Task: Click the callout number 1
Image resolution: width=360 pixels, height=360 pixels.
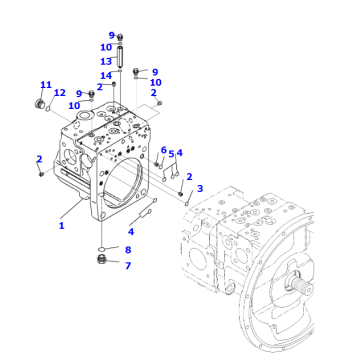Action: click(62, 226)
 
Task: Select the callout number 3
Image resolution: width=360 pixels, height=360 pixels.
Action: click(200, 188)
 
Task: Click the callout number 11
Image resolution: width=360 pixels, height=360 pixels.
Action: click(45, 84)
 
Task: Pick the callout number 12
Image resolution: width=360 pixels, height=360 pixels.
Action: click(60, 93)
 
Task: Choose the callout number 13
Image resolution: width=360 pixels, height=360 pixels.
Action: click(105, 61)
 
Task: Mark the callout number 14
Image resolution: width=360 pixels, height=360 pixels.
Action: click(105, 75)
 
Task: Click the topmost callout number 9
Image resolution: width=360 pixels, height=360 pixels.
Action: click(112, 35)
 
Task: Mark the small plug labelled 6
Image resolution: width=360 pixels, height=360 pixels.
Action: click(159, 163)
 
